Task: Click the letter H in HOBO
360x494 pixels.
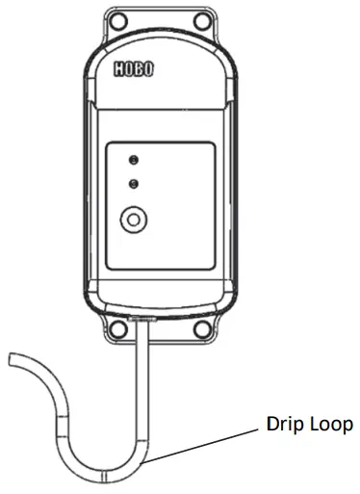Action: click(x=120, y=71)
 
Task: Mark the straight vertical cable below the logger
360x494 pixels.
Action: click(x=142, y=385)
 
